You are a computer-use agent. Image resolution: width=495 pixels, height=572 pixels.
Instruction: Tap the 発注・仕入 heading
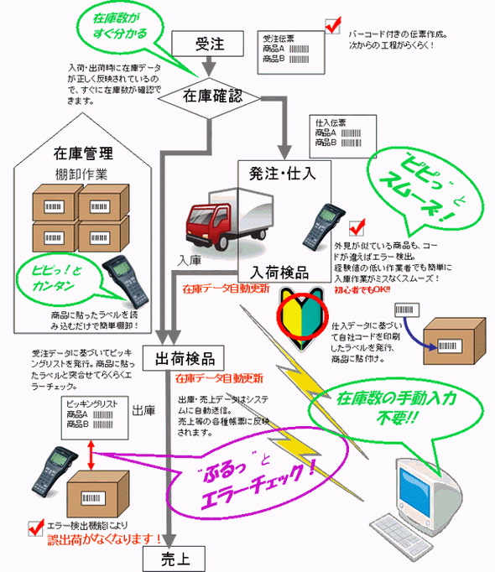(x=284, y=174)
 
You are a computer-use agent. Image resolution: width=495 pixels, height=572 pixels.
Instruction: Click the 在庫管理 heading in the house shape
(x=83, y=153)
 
